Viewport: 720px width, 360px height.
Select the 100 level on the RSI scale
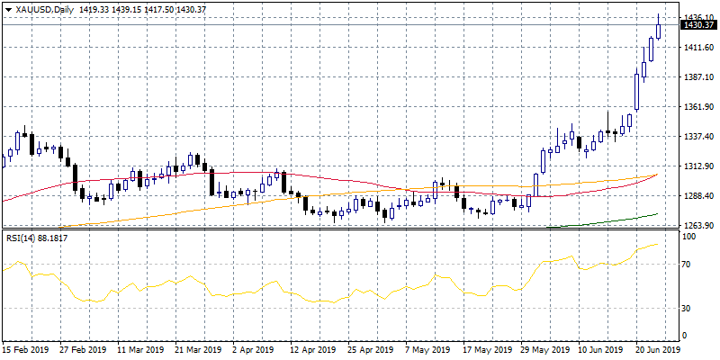tap(690, 236)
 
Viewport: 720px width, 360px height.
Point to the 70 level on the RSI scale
tap(688, 265)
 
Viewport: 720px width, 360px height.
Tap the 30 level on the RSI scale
tap(688, 308)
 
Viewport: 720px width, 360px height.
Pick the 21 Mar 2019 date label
tap(197, 349)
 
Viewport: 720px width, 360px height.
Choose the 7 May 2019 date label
tap(426, 349)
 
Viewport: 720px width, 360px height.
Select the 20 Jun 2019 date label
tap(658, 349)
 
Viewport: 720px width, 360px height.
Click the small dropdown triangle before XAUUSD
tap(8, 10)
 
